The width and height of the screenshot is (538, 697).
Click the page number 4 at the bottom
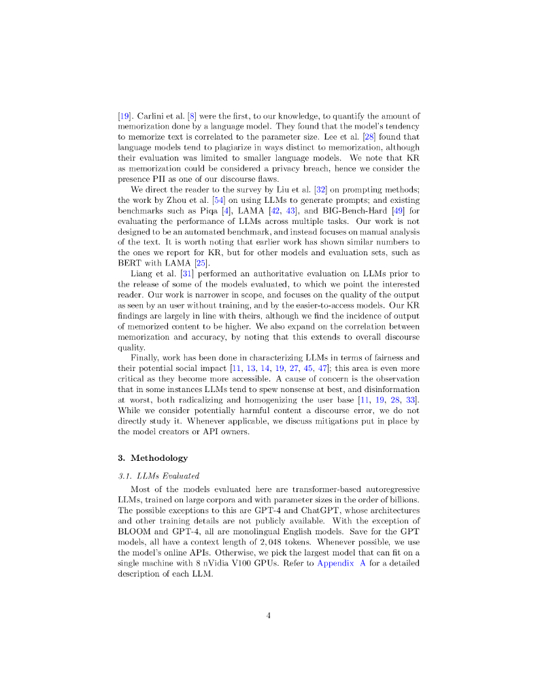click(269, 616)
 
